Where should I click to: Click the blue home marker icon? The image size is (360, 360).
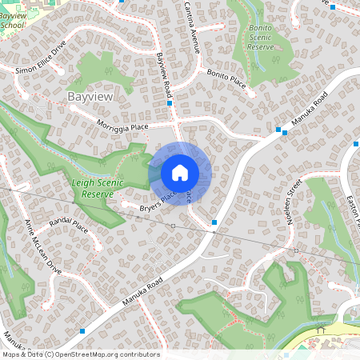click(180, 173)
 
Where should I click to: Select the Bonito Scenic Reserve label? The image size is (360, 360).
click(262, 38)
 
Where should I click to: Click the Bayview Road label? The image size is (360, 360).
click(165, 72)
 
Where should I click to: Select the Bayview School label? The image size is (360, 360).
click(13, 20)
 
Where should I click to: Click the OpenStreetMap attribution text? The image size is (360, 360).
click(80, 354)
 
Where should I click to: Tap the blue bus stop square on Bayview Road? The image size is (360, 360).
click(170, 103)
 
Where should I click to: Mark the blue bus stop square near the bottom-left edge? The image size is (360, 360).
click(82, 330)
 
